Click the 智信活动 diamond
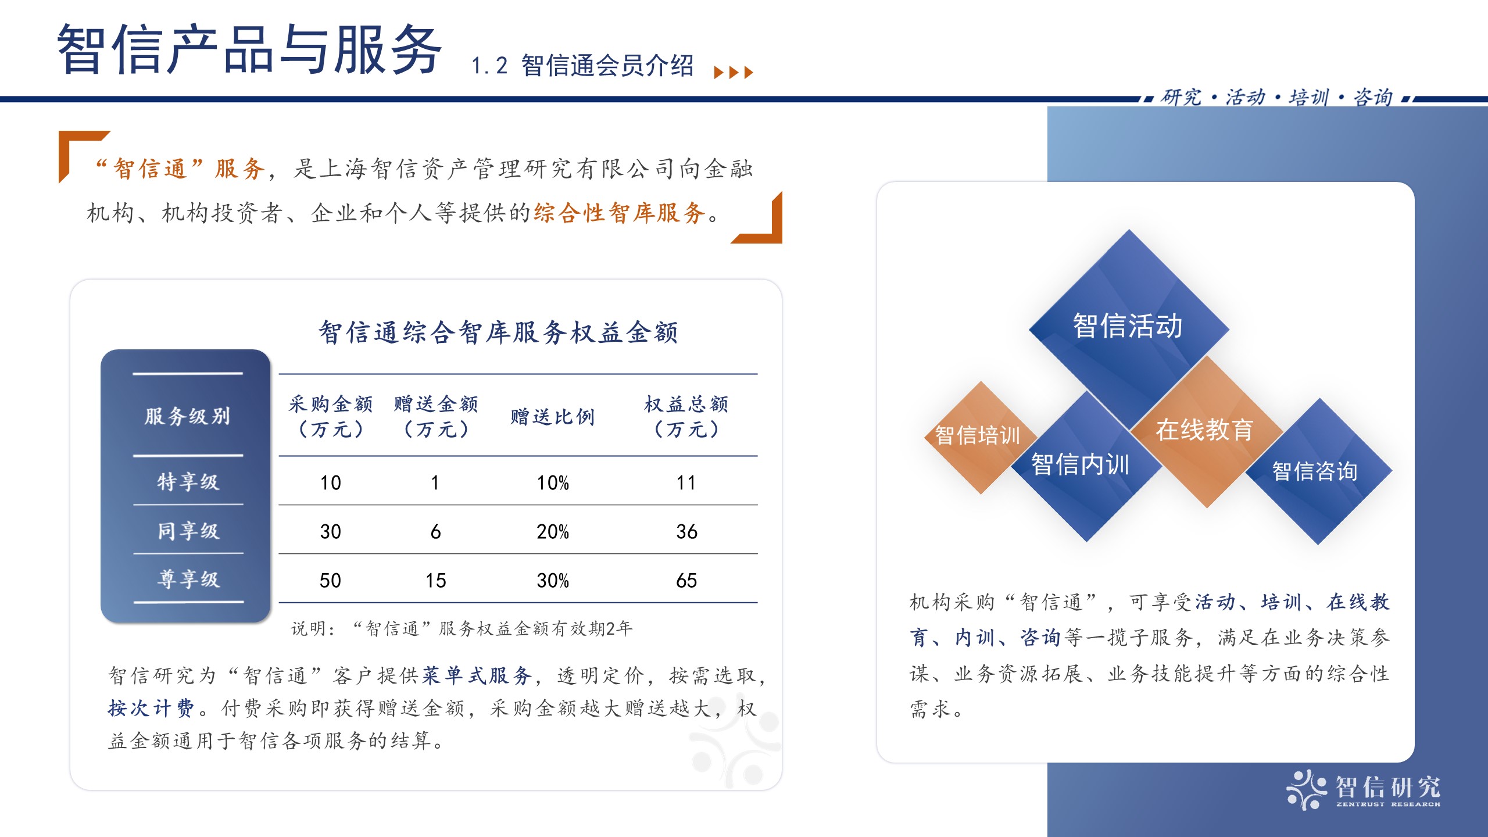1129,328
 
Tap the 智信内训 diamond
1086,466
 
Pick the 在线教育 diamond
1207,431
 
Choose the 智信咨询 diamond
1318,471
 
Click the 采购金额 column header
330,416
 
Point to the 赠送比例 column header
552,417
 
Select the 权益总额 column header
686,416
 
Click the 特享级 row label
188,481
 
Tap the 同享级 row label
188,531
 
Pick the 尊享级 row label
188,579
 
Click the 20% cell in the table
552,531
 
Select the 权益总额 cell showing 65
686,580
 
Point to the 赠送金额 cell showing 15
435,580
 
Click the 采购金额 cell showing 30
330,531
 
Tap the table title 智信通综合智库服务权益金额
498,332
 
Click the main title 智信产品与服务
250,49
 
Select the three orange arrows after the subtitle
734,72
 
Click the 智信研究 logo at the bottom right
1363,789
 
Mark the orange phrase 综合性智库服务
620,213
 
